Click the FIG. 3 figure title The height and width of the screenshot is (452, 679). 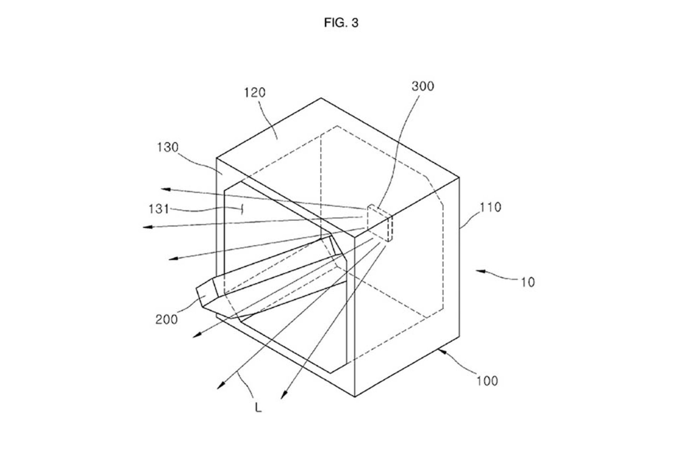(341, 23)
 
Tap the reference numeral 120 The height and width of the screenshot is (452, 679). (255, 93)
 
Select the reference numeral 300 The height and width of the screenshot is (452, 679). (423, 86)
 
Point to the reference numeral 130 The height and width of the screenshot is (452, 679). (168, 147)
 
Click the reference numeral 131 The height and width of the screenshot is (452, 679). (159, 209)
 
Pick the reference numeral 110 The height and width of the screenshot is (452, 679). (490, 207)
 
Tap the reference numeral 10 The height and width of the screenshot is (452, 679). (528, 282)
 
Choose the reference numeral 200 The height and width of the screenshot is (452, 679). (167, 319)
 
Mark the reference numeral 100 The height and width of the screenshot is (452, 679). (487, 381)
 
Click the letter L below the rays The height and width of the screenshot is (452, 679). (259, 408)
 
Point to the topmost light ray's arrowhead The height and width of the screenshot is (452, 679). (166, 189)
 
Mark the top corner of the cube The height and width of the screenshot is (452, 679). (321, 98)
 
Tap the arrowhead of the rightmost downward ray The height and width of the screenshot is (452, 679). (284, 395)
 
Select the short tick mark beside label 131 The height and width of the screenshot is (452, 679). (242, 209)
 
